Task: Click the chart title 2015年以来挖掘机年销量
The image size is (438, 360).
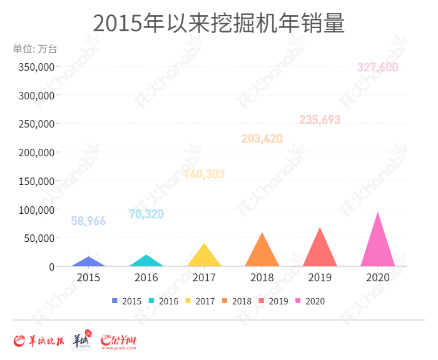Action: tap(219, 24)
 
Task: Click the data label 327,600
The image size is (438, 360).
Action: tap(377, 67)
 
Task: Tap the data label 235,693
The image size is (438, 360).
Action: tap(320, 119)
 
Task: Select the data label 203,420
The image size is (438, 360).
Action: tap(262, 138)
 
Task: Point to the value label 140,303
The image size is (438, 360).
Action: tap(204, 174)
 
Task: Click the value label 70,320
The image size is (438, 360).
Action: tap(146, 214)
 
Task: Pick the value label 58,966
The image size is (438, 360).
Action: tap(88, 221)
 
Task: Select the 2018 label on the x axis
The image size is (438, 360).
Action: tap(262, 277)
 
